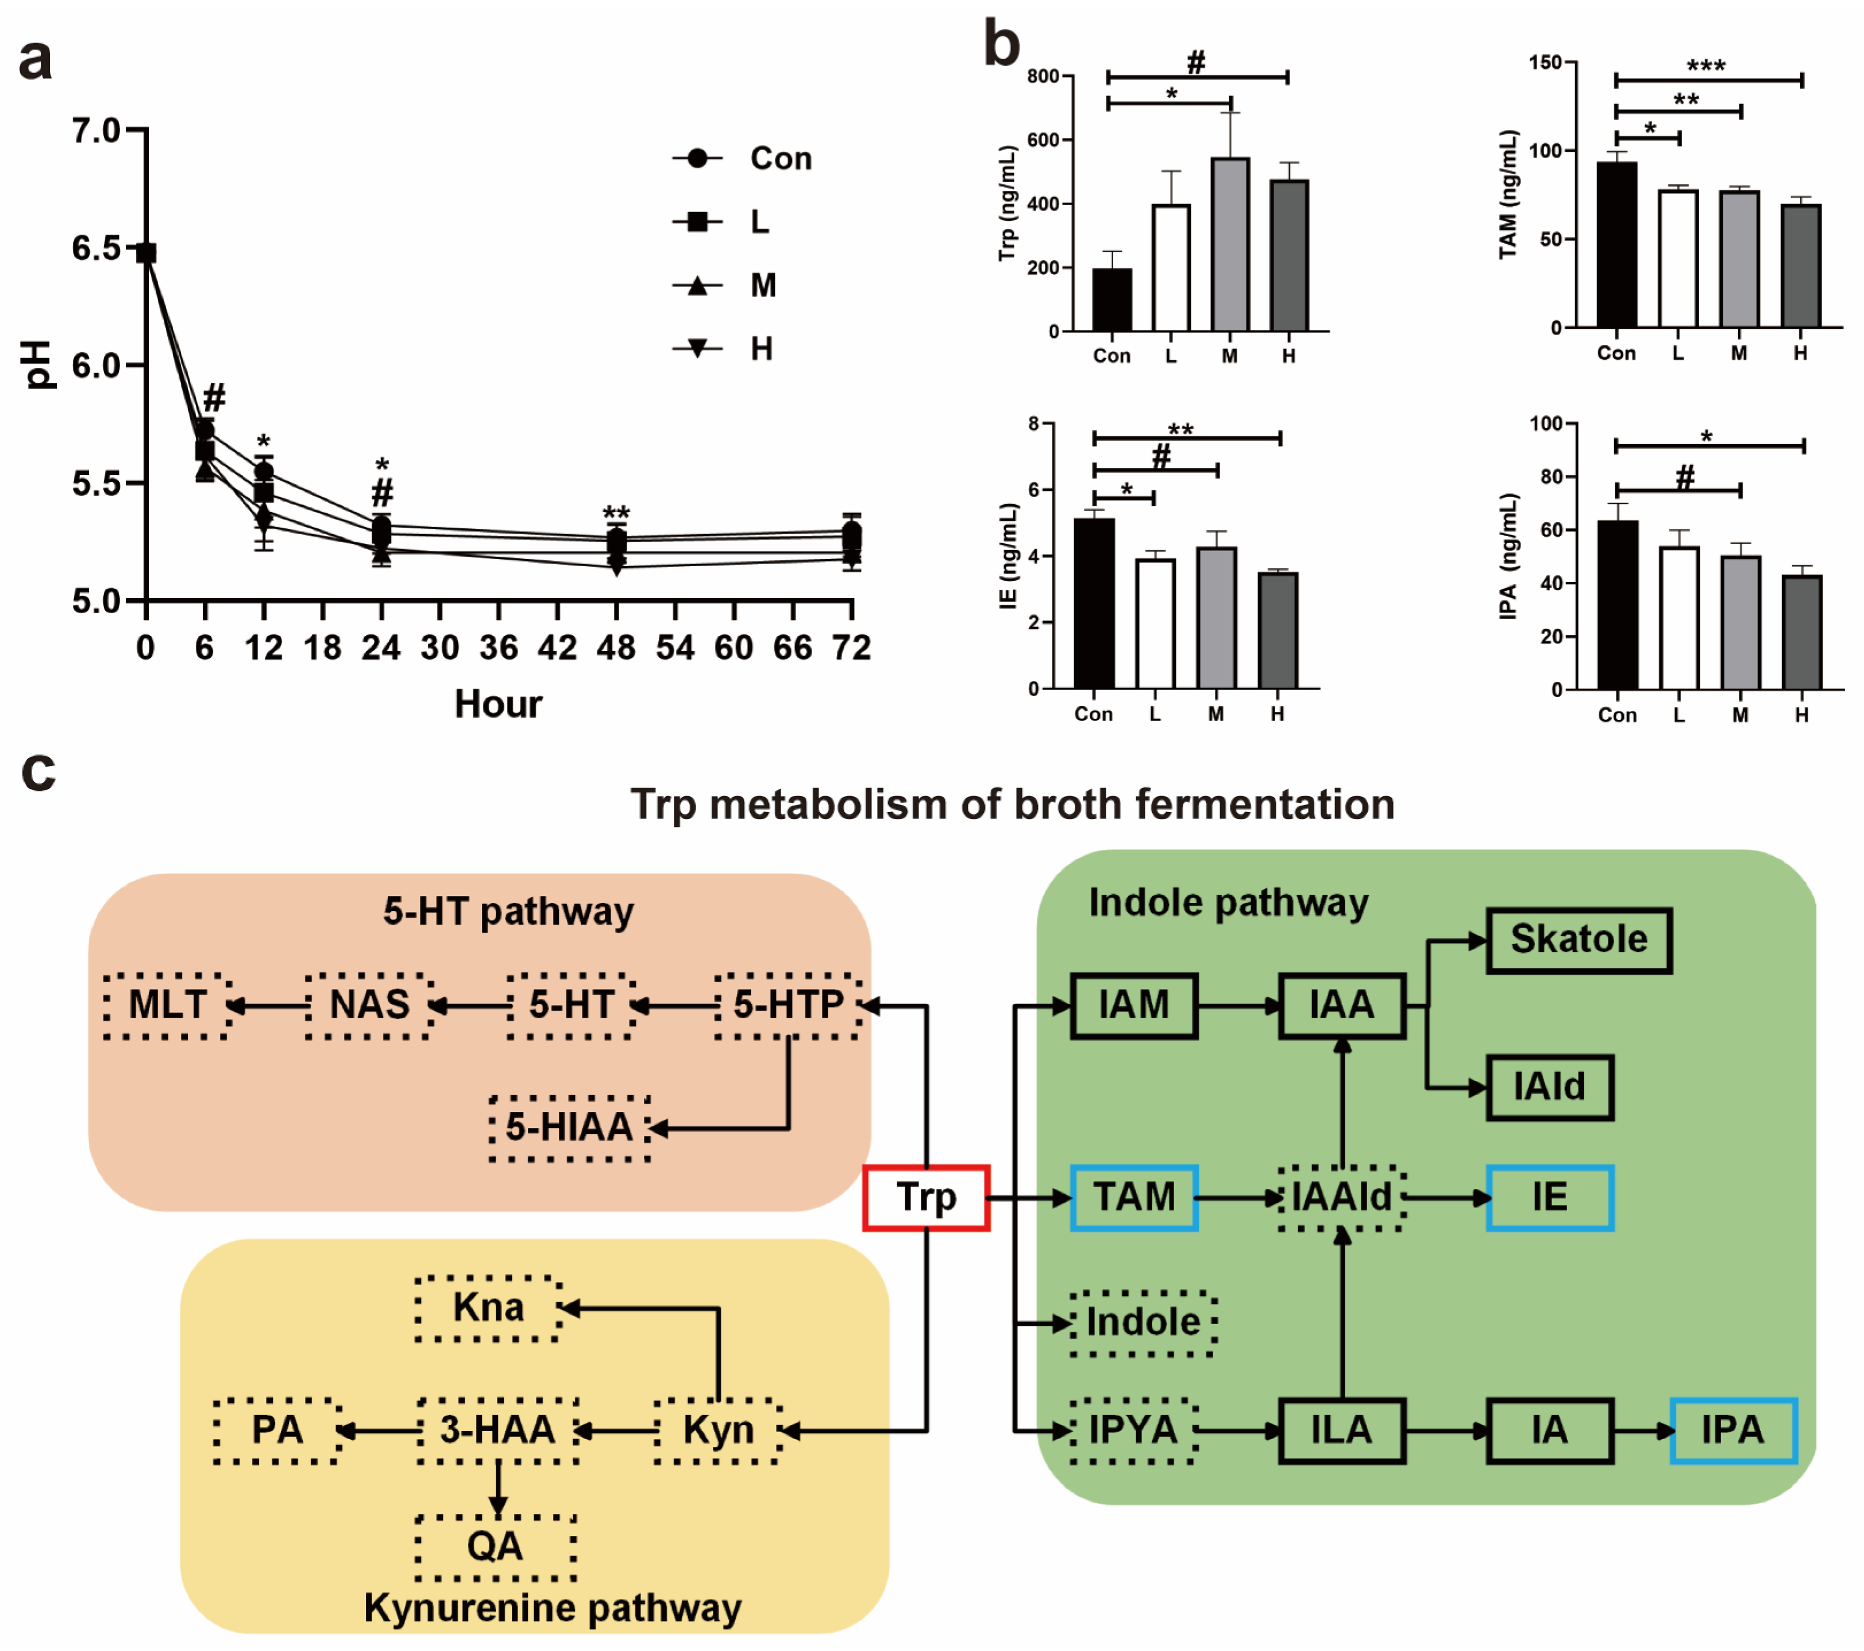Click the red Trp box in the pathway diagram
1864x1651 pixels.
(x=925, y=1198)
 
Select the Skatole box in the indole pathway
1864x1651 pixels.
(x=1579, y=940)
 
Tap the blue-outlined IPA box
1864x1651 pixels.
(x=1732, y=1430)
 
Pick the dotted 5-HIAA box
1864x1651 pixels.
(x=569, y=1127)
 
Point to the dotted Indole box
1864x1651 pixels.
(x=1143, y=1323)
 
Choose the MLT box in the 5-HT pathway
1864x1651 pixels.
(x=167, y=1005)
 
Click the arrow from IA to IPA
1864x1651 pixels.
(x=1642, y=1430)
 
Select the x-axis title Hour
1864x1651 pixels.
(x=498, y=704)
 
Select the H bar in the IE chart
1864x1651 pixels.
(x=1278, y=630)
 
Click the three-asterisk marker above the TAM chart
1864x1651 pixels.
(x=1705, y=66)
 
